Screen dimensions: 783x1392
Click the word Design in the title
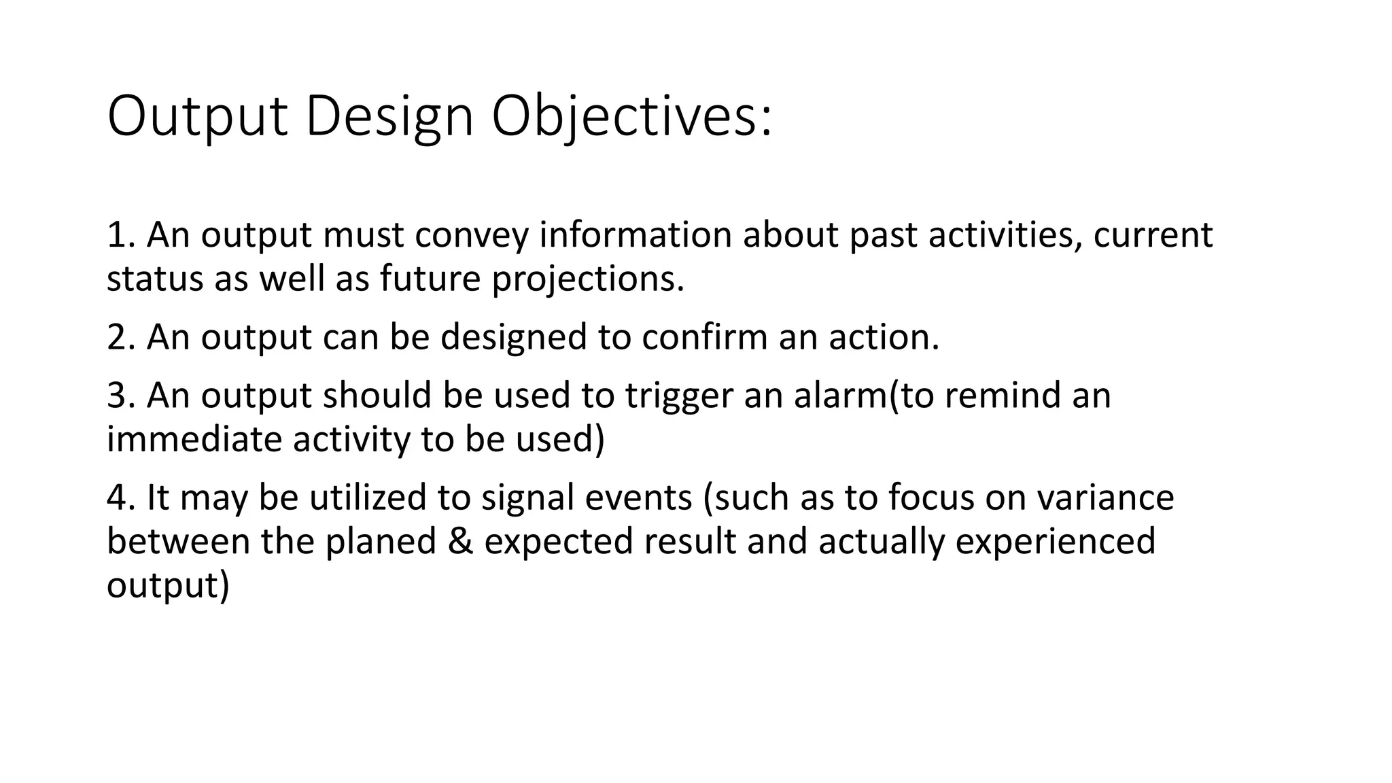tap(389, 117)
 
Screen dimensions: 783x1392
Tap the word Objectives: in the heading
tap(631, 117)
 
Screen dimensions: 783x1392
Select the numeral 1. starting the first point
tap(122, 234)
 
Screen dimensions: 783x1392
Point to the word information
tap(635, 234)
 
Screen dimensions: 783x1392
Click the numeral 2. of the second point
tap(122, 337)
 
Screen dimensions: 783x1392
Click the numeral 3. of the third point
tap(122, 396)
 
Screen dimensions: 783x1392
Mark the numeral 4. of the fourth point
tap(122, 498)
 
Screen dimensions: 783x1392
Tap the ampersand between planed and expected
tap(460, 542)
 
